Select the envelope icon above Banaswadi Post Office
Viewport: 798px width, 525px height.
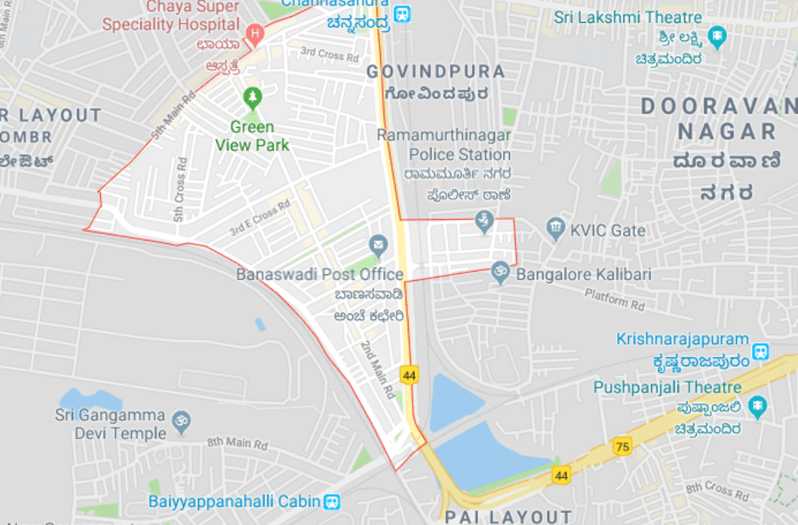pos(379,246)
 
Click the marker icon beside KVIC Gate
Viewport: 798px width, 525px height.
pos(557,228)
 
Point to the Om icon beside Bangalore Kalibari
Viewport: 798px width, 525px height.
pos(501,272)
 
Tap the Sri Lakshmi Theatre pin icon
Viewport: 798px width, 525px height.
pos(718,35)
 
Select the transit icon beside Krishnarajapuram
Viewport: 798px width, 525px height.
pos(760,350)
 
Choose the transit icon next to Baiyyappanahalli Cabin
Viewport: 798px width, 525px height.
pos(331,502)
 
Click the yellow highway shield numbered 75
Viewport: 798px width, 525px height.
pos(623,446)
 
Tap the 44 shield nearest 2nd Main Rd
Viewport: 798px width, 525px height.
pos(409,375)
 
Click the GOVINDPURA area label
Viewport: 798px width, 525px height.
pos(436,72)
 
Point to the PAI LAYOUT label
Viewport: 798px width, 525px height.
pos(508,516)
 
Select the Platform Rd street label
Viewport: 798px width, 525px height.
pos(614,299)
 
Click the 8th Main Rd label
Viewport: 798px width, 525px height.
pos(238,444)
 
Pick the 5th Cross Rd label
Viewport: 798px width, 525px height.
pos(179,198)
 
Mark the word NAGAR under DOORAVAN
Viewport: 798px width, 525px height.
pos(727,131)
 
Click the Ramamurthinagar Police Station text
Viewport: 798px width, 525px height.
pos(445,145)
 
